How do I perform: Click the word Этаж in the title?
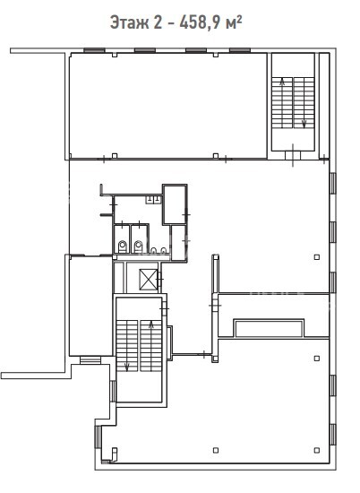click(x=129, y=22)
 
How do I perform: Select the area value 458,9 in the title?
click(x=200, y=22)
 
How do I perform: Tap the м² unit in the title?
click(x=234, y=22)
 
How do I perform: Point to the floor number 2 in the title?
click(x=158, y=22)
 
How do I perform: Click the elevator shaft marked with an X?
click(x=149, y=280)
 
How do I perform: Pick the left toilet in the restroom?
click(x=122, y=246)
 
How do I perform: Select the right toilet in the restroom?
click(x=139, y=246)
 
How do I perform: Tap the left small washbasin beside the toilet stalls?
click(x=154, y=251)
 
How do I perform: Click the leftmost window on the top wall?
click(x=94, y=49)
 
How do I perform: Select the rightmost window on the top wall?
click(x=240, y=49)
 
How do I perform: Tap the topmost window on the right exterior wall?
click(x=333, y=183)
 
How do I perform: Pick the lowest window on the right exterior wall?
click(x=333, y=435)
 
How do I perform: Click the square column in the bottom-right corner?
click(x=317, y=450)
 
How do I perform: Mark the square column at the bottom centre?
click(x=216, y=450)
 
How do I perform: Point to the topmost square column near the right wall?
click(x=317, y=257)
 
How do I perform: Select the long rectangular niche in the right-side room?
click(x=269, y=328)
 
